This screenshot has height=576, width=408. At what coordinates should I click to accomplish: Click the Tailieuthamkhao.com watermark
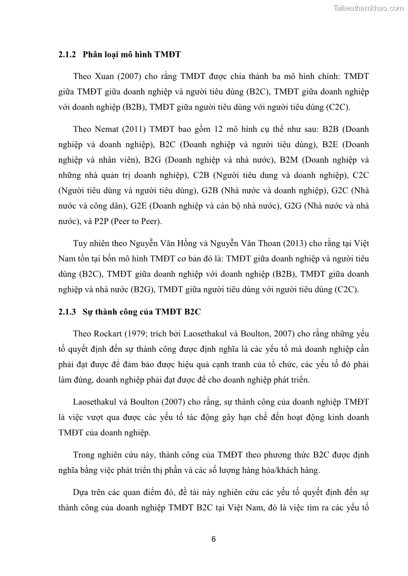[x=368, y=7]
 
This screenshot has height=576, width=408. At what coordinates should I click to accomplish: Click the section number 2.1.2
[x=67, y=54]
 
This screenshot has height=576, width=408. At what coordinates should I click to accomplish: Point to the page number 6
[x=213, y=539]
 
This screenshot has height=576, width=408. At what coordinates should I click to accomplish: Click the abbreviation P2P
[x=97, y=221]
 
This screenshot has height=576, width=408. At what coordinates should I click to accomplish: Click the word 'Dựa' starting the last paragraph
[x=82, y=492]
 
